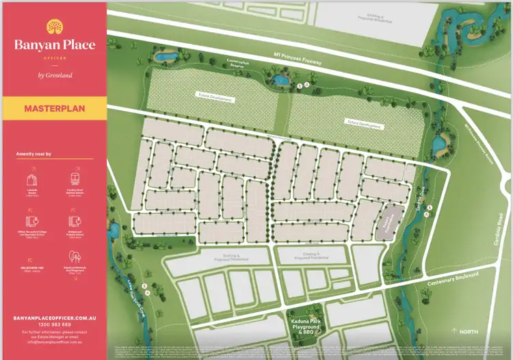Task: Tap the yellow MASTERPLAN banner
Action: click(x=54, y=108)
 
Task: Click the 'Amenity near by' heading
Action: click(x=34, y=155)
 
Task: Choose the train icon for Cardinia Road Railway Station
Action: click(x=73, y=180)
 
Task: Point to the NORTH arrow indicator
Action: click(x=464, y=331)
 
